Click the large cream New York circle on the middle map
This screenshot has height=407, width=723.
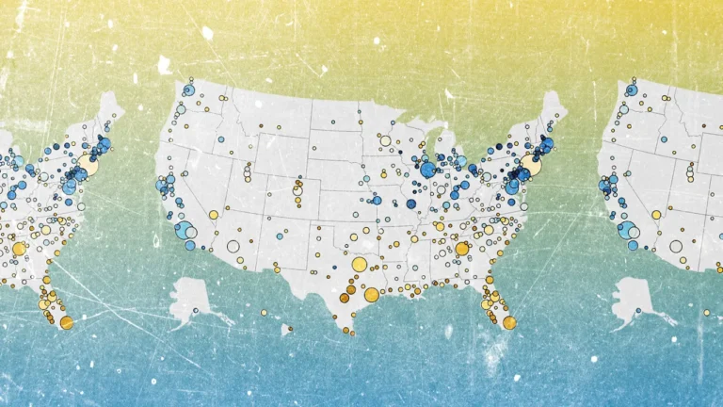coord(531,166)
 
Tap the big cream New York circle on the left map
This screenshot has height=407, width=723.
coord(88,165)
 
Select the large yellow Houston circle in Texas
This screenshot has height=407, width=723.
coord(371,295)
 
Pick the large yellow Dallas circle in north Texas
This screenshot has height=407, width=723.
coord(360,265)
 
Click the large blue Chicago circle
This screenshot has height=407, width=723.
coord(428,170)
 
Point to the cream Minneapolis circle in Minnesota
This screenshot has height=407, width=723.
coord(385,141)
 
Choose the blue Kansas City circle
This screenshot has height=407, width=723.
coord(378,200)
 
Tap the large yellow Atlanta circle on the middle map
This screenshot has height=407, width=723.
coord(462,249)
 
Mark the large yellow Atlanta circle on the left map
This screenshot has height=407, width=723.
coord(19,249)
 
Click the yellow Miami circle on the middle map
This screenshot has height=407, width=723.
coord(509,322)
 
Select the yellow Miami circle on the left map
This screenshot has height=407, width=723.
coord(66,322)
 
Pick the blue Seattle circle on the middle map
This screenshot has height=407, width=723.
coord(188,90)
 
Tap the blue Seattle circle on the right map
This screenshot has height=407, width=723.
coord(632,90)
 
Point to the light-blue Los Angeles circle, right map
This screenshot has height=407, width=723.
coord(625,229)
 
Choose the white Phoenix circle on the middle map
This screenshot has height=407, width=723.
coord(233,247)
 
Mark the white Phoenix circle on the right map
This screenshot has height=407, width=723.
coord(676,247)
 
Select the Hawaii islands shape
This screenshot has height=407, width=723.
coord(285,330)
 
